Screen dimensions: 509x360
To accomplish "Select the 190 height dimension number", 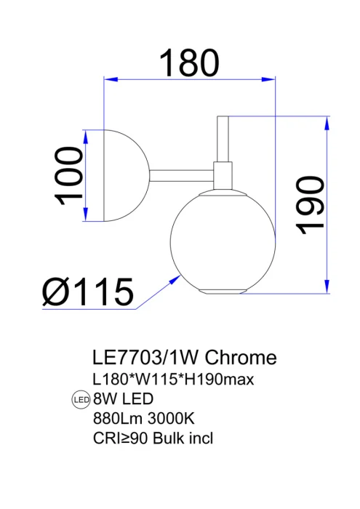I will point(311,204).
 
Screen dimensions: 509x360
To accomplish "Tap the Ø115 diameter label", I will point(88,292).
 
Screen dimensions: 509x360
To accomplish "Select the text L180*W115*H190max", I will point(172,380).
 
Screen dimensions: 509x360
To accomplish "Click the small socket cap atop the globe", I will point(223,175).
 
